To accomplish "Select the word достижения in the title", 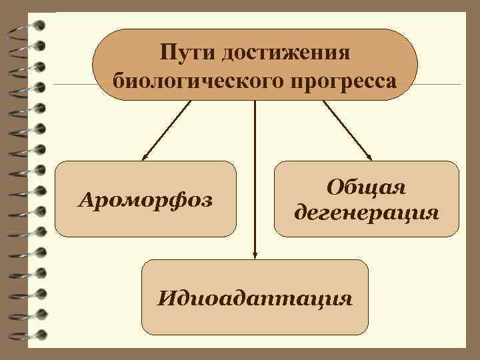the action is point(287,52).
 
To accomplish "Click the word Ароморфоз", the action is point(145,199).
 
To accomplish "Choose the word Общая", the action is point(366,187).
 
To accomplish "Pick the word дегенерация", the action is point(366,214).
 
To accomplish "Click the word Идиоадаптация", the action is point(255,297).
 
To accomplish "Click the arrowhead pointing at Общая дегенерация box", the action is point(369,158).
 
